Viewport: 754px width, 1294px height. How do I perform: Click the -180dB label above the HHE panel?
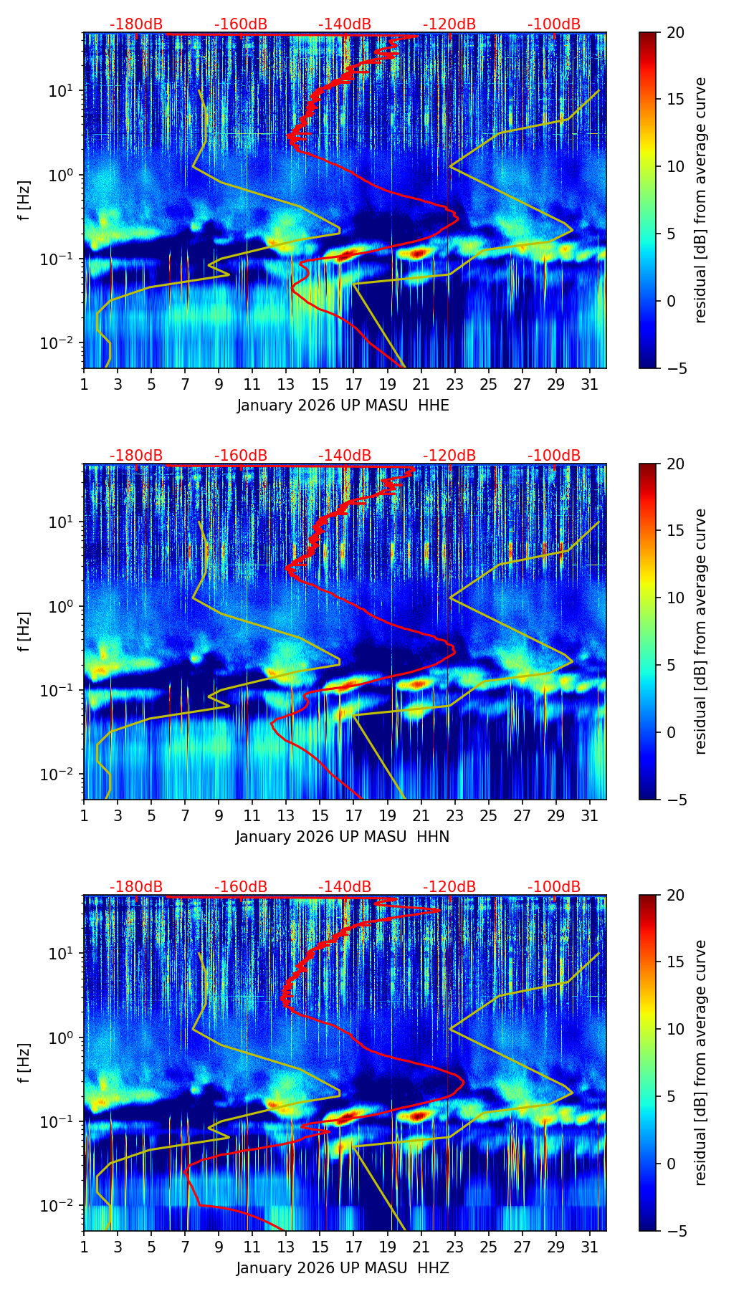(136, 24)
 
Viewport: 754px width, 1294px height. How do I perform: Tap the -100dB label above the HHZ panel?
(554, 887)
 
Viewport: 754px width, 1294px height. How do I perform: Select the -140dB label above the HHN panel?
(345, 456)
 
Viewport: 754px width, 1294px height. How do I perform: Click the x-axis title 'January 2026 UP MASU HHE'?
(343, 406)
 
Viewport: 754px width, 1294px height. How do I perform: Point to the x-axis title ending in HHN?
(343, 837)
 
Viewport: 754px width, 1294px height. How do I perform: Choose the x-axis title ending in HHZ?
(343, 1268)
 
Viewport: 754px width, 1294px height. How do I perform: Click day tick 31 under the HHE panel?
(590, 384)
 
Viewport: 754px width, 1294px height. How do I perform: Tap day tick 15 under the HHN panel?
(320, 815)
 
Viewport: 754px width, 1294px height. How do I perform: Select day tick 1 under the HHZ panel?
(84, 1247)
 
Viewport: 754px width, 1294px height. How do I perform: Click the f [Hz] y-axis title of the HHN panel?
(24, 631)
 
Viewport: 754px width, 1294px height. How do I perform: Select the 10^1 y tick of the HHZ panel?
(63, 954)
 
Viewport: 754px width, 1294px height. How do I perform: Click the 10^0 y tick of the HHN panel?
(63, 606)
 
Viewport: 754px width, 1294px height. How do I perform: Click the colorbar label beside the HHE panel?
(701, 201)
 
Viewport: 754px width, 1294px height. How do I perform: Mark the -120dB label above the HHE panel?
(449, 24)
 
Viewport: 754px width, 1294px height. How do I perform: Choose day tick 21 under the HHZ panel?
(421, 1247)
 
